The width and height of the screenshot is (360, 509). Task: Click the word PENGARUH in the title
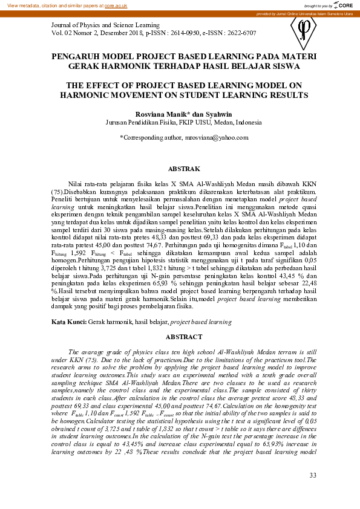(x=74, y=55)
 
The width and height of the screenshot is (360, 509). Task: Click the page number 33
(x=312, y=475)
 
